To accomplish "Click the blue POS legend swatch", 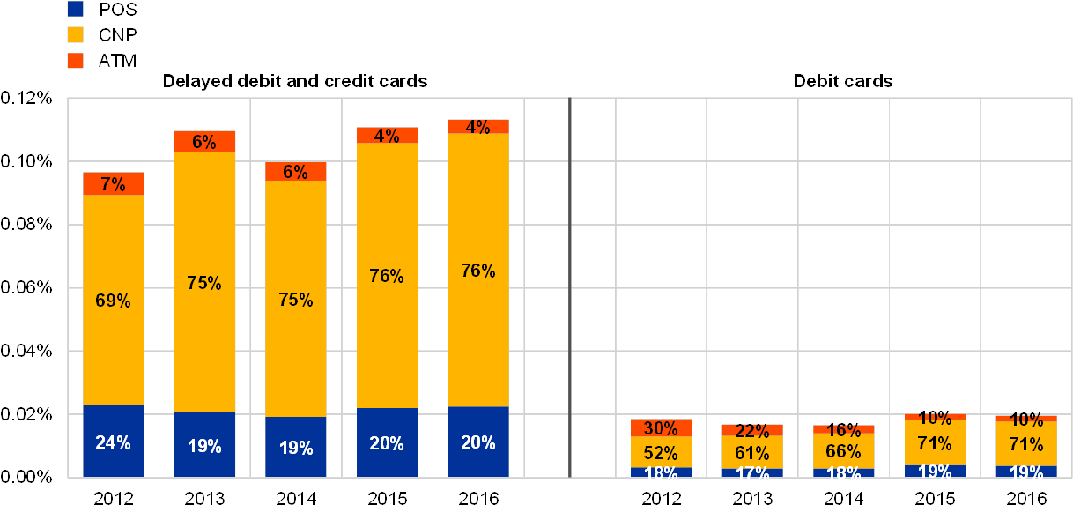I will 76,9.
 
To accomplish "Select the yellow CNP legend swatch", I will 76,34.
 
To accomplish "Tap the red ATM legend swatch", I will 76,61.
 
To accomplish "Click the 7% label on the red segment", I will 114,184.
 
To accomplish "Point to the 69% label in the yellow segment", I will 114,301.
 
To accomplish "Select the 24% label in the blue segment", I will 114,443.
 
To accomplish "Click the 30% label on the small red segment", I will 661,428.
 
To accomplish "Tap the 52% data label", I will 661,453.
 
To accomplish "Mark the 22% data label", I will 752,431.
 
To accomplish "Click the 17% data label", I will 752,473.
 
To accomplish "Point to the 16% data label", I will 843,431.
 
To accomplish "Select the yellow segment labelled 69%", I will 114,256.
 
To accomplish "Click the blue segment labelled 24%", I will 114,423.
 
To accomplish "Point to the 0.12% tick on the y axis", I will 26,99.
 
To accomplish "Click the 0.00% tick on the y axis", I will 26,477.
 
